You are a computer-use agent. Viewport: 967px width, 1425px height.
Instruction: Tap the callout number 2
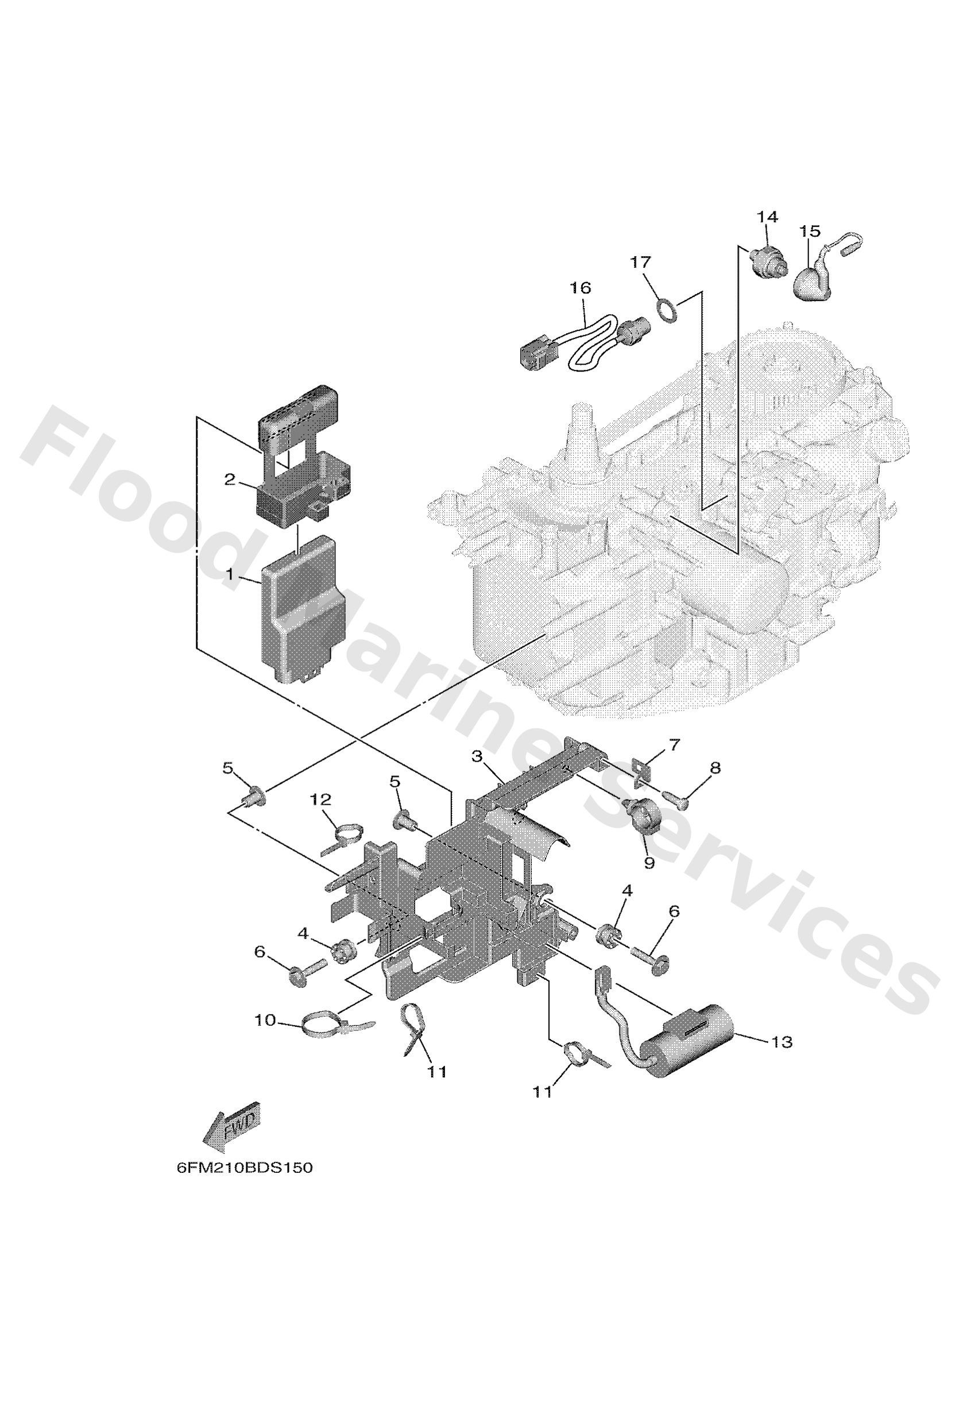229,480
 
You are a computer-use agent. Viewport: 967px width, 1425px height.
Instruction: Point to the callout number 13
783,1042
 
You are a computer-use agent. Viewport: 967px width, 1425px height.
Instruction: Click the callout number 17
640,262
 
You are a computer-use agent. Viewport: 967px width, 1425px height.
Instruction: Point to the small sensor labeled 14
766,262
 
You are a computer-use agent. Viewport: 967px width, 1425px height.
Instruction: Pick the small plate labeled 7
639,772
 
